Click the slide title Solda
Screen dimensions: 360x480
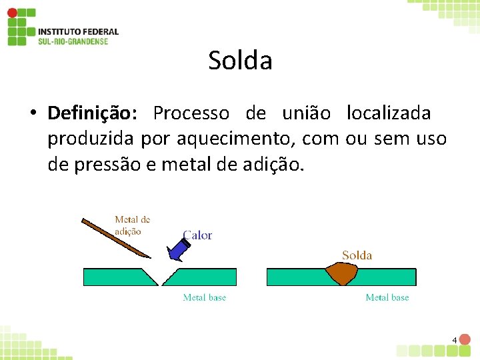point(240,61)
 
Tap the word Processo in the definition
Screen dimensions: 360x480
point(191,113)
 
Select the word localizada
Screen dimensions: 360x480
point(389,113)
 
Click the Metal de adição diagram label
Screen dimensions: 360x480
point(133,225)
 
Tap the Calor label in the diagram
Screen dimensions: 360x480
point(197,235)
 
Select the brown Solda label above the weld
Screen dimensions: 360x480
point(357,255)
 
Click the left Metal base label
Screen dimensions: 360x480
point(205,297)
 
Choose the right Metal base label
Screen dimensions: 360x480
point(387,297)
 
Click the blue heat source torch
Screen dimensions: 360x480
point(177,248)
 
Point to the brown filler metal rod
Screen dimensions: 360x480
point(113,236)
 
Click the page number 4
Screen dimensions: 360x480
point(455,341)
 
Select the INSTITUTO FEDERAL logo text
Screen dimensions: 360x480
point(78,31)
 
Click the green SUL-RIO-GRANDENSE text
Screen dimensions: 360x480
point(73,41)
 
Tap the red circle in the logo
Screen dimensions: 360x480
point(12,13)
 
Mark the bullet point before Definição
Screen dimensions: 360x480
point(32,114)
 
